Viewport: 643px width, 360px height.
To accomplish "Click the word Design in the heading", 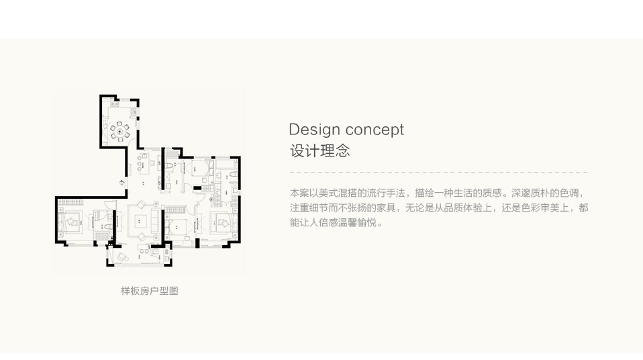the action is click(315, 130).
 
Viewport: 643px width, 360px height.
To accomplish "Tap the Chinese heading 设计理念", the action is click(320, 150).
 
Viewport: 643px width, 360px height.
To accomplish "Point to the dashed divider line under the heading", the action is click(439, 172).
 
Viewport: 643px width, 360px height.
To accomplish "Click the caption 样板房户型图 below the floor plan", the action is click(150, 291).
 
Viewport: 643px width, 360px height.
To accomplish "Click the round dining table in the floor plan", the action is click(119, 132).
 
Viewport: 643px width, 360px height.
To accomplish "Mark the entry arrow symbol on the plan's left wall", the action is click(121, 182).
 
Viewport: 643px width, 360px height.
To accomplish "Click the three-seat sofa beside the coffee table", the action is click(155, 220).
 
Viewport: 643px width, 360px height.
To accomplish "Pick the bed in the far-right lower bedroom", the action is click(224, 223).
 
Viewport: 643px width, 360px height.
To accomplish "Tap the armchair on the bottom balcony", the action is click(122, 257).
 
